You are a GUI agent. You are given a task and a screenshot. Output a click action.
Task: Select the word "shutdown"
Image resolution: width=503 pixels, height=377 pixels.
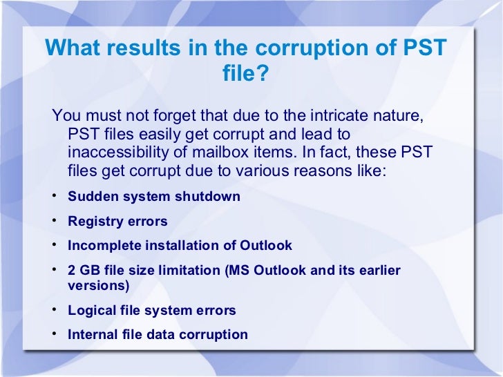207,196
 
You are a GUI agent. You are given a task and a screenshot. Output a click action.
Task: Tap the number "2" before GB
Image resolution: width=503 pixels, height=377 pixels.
72,271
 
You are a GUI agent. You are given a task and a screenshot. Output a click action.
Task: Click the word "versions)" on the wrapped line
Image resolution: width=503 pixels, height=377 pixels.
99,284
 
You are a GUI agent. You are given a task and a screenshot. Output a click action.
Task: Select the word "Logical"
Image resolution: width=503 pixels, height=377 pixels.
92,310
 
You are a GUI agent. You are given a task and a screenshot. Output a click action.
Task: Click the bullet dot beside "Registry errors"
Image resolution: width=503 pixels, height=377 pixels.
54,221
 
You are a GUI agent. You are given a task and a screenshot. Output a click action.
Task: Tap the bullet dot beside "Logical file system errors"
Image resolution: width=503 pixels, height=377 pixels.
54,309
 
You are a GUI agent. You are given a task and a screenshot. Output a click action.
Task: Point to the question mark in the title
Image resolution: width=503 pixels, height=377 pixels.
260,72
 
